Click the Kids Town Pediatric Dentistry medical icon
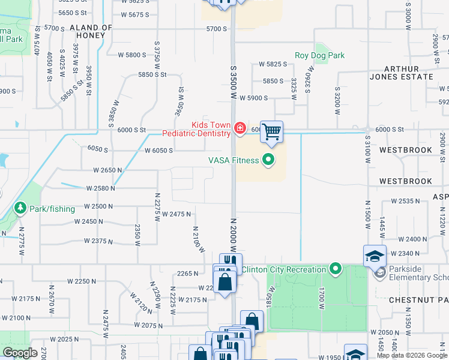pyautogui.click(x=240, y=128)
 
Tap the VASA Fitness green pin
pyautogui.click(x=268, y=160)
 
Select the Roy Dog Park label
pyautogui.click(x=319, y=56)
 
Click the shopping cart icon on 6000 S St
pyautogui.click(x=272, y=131)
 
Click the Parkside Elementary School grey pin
pyautogui.click(x=379, y=273)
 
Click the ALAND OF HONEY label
pyautogui.click(x=91, y=32)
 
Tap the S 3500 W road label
pyautogui.click(x=233, y=83)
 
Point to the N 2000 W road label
pyautogui.click(x=233, y=234)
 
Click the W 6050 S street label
pyautogui.click(x=159, y=150)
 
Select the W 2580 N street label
pyautogui.click(x=100, y=188)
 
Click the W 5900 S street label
pyautogui.click(x=253, y=98)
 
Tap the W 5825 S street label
pyautogui.click(x=274, y=64)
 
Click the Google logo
pyautogui.click(x=20, y=353)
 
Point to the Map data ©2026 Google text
pyautogui.click(x=412, y=355)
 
